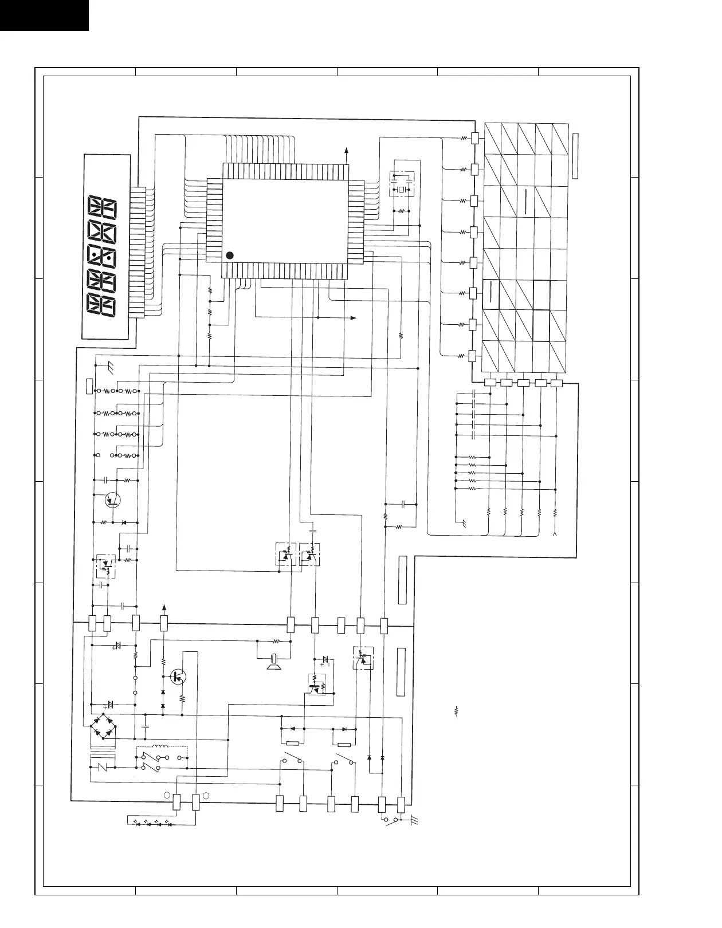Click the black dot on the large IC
229,255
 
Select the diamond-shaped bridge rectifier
104,726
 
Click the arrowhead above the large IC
346,150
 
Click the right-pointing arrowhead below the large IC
353,317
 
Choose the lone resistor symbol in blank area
457,713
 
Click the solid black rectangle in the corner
44,15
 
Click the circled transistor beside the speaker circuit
181,677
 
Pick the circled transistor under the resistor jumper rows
113,500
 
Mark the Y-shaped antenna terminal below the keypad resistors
555,534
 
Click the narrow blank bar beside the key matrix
575,155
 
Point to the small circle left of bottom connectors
166,796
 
